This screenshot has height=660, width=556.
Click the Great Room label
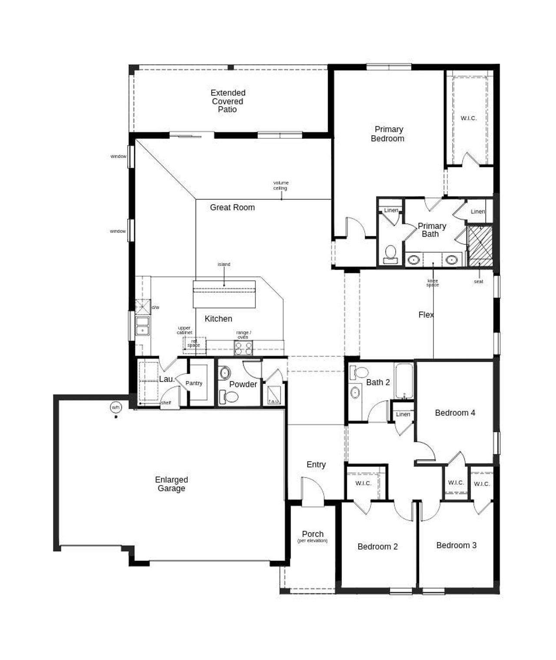232,207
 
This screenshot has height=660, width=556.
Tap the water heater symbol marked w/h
116,407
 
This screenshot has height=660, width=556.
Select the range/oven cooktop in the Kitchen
243,348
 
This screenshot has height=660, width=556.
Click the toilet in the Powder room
230,397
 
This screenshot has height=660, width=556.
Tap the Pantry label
194,383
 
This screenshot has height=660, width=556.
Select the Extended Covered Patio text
228,101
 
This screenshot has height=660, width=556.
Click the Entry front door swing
313,491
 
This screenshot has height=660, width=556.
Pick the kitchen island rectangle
224,294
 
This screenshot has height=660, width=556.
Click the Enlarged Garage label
171,484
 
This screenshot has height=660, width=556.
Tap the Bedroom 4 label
455,413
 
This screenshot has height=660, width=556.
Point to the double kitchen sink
142,326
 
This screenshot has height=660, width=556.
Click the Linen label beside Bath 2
403,414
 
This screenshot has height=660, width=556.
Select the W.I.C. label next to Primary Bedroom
468,118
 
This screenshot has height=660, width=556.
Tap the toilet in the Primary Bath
391,254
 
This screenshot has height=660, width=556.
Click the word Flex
426,314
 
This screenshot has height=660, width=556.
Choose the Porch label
313,534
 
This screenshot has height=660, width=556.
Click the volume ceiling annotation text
281,185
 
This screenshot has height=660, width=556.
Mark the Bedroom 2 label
377,547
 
